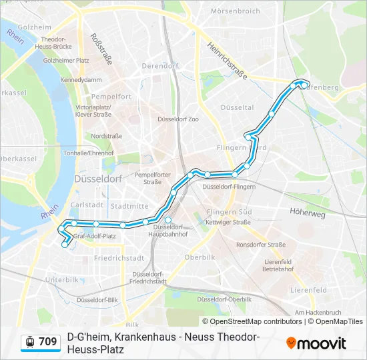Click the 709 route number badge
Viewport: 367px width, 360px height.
pyautogui.click(x=47, y=342)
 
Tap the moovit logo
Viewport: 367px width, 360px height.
pyautogui.click(x=316, y=343)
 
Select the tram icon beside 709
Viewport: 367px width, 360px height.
pyautogui.click(x=29, y=342)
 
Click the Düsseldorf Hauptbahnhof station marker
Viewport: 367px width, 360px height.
pyautogui.click(x=168, y=221)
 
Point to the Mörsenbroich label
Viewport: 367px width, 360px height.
pyautogui.click(x=234, y=11)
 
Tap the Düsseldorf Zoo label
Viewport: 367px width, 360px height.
pyautogui.click(x=178, y=119)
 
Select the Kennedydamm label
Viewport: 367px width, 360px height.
pyautogui.click(x=81, y=79)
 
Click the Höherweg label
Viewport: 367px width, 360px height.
pyautogui.click(x=308, y=215)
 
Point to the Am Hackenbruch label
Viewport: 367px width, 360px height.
pyautogui.click(x=318, y=312)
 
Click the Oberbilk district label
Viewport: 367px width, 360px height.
pyautogui.click(x=199, y=257)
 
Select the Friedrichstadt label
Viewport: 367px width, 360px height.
pyautogui.click(x=119, y=257)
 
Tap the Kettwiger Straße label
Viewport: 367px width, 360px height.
pyautogui.click(x=228, y=222)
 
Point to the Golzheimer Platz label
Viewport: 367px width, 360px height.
pyautogui.click(x=66, y=60)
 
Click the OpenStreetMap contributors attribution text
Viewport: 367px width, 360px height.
pyautogui.click(x=252, y=321)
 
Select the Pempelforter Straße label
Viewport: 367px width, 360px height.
pyautogui.click(x=149, y=178)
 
